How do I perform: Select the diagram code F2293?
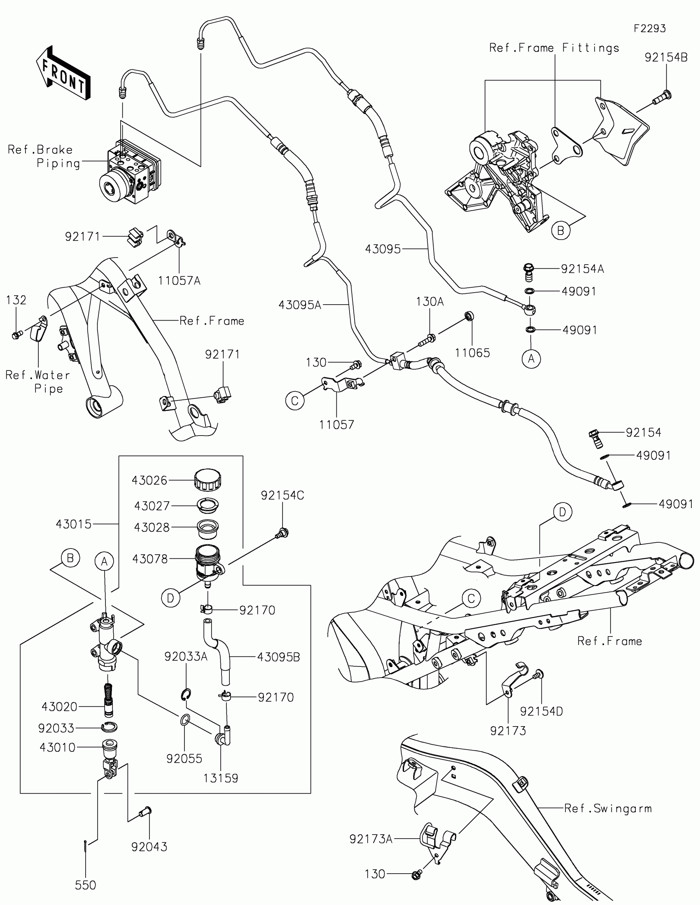coord(649,28)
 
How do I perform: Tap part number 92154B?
coord(666,58)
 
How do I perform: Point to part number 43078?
coord(150,559)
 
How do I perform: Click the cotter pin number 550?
coord(85,885)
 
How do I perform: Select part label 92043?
coord(149,846)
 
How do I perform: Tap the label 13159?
coord(221,778)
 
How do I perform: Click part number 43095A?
coord(300,305)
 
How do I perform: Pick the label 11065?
coord(472,353)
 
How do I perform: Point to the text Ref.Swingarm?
coord(608,808)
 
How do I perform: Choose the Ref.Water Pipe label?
coord(37,382)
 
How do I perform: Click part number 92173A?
coord(371,839)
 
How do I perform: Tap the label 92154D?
coord(541,711)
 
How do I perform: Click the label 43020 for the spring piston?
coord(59,706)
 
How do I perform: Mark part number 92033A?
coord(185,656)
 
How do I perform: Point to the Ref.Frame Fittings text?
coord(554,48)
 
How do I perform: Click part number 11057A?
coord(179,281)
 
